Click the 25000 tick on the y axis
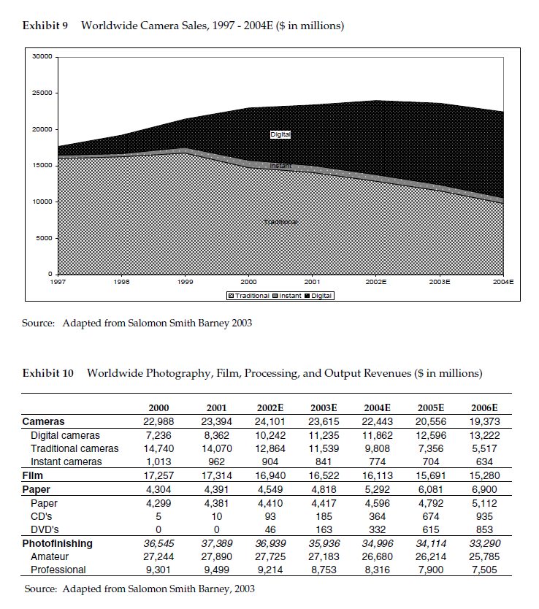click(42, 93)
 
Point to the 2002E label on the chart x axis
click(376, 280)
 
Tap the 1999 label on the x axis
click(186, 280)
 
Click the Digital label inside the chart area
click(280, 134)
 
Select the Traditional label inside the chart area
click(280, 221)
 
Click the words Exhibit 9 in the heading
click(45, 26)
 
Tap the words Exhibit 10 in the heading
click(48, 373)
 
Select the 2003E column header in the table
click(323, 407)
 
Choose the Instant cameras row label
click(66, 461)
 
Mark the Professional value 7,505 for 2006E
click(485, 570)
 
